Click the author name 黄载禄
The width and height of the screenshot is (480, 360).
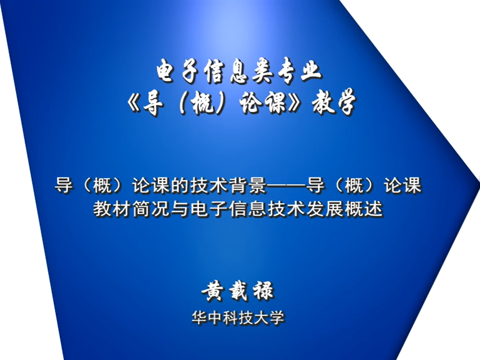238,291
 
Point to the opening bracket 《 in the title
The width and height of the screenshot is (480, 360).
133,103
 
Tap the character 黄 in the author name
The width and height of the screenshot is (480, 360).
212,291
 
